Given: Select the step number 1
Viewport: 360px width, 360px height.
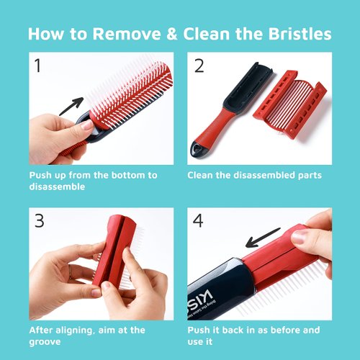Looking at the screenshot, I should pos(37,66).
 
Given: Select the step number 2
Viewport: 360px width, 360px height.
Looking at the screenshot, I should pos(199,66).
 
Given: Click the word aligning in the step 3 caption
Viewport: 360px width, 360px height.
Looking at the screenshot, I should pos(77,330).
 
